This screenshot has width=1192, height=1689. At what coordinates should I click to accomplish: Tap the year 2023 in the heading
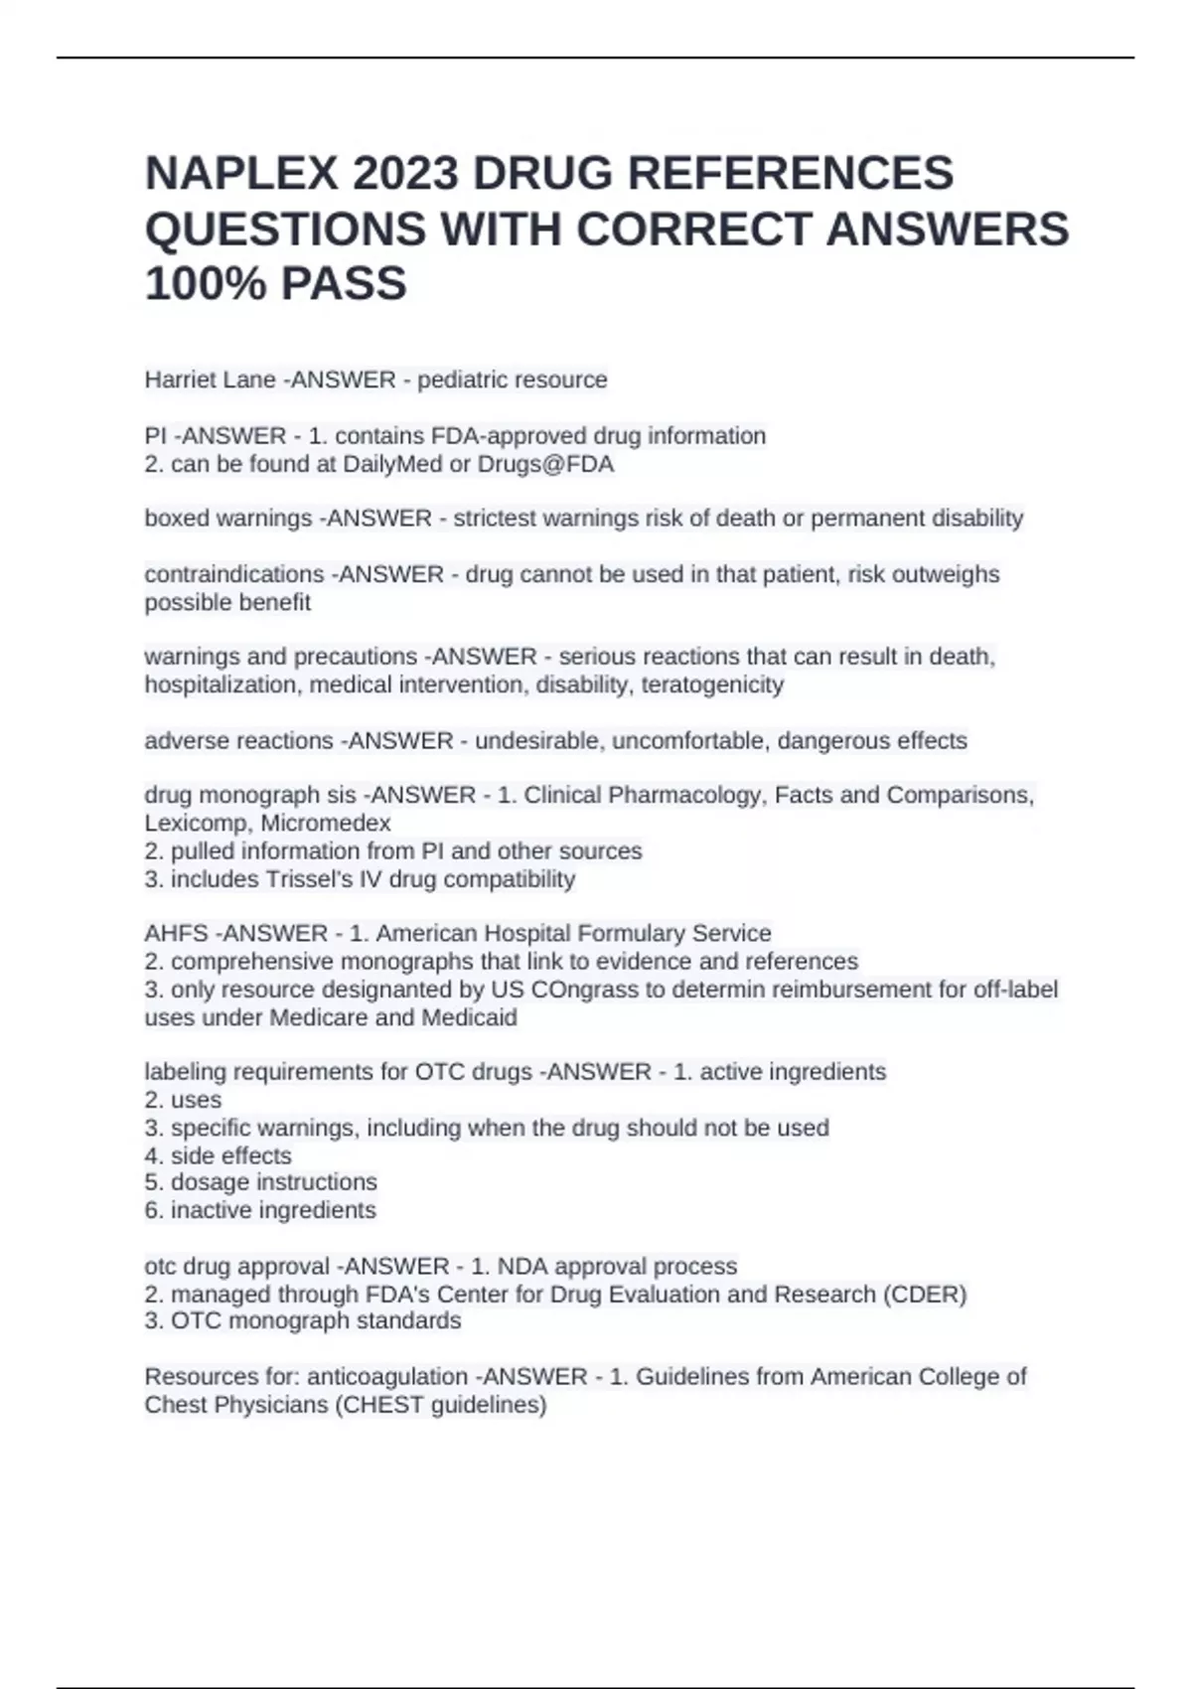pyautogui.click(x=404, y=174)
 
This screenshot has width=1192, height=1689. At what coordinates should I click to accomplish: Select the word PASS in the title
pyautogui.click(x=344, y=283)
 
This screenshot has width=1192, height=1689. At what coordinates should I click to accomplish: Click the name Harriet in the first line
pyautogui.click(x=177, y=381)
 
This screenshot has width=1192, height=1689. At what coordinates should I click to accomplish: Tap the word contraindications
pyautogui.click(x=234, y=574)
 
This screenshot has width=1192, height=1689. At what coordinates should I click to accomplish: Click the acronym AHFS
pyautogui.click(x=176, y=934)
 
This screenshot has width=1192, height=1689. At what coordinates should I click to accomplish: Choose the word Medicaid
pyautogui.click(x=470, y=1017)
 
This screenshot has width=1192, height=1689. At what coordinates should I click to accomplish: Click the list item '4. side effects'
pyautogui.click(x=219, y=1155)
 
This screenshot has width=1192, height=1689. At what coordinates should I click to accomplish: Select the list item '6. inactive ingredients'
pyautogui.click(x=260, y=1210)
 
